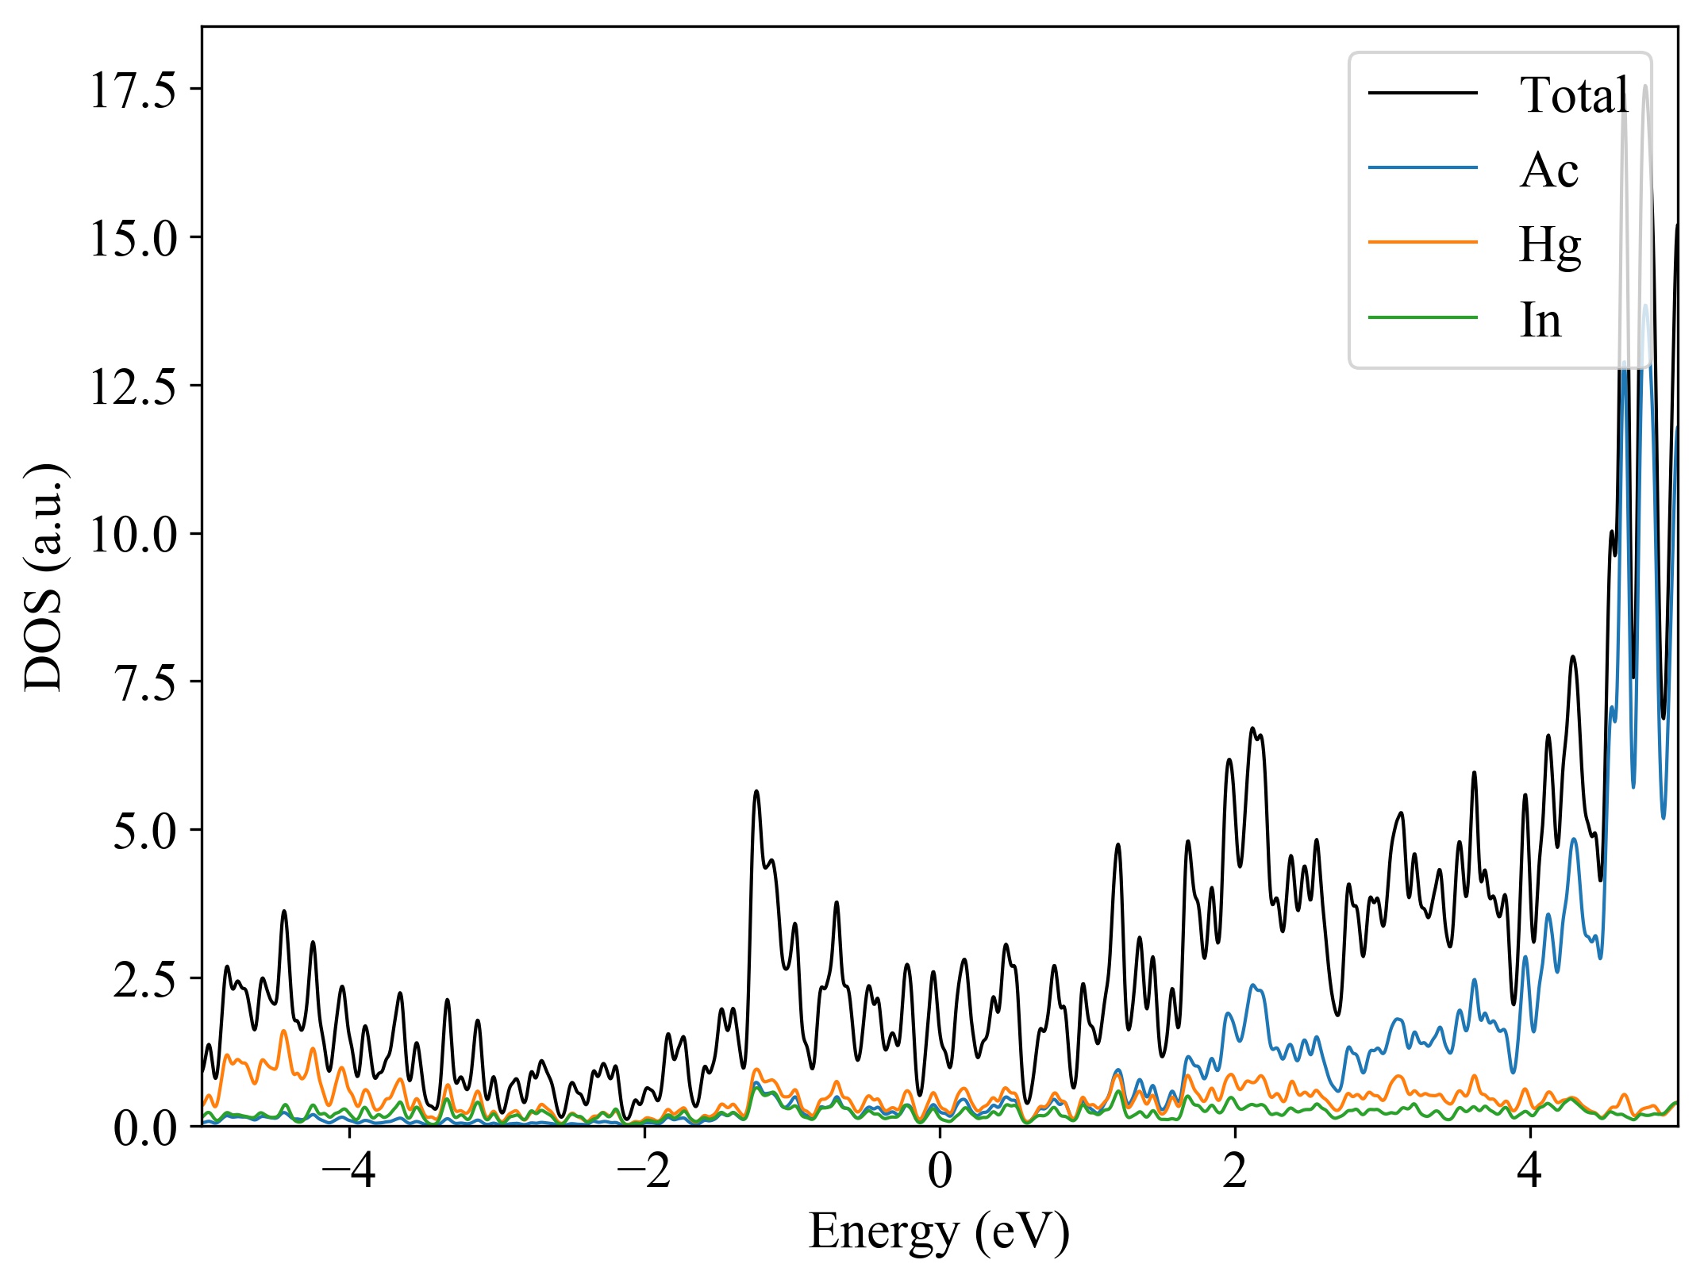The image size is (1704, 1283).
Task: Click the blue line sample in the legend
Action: (1423, 167)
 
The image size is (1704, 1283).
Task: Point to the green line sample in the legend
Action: (1423, 317)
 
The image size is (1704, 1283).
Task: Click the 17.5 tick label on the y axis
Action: (132, 90)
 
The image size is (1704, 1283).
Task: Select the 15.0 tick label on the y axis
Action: (132, 238)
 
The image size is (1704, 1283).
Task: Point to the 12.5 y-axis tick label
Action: (132, 386)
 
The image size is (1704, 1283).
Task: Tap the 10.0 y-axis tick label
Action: (132, 534)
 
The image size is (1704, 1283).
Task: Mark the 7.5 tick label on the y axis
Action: (144, 682)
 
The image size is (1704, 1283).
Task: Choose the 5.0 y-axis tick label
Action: (144, 831)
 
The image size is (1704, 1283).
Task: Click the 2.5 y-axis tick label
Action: (144, 979)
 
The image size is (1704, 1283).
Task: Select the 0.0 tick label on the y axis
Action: (144, 1127)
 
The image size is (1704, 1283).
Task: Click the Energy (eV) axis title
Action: (940, 1233)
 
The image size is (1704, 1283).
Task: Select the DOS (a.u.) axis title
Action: (44, 577)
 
